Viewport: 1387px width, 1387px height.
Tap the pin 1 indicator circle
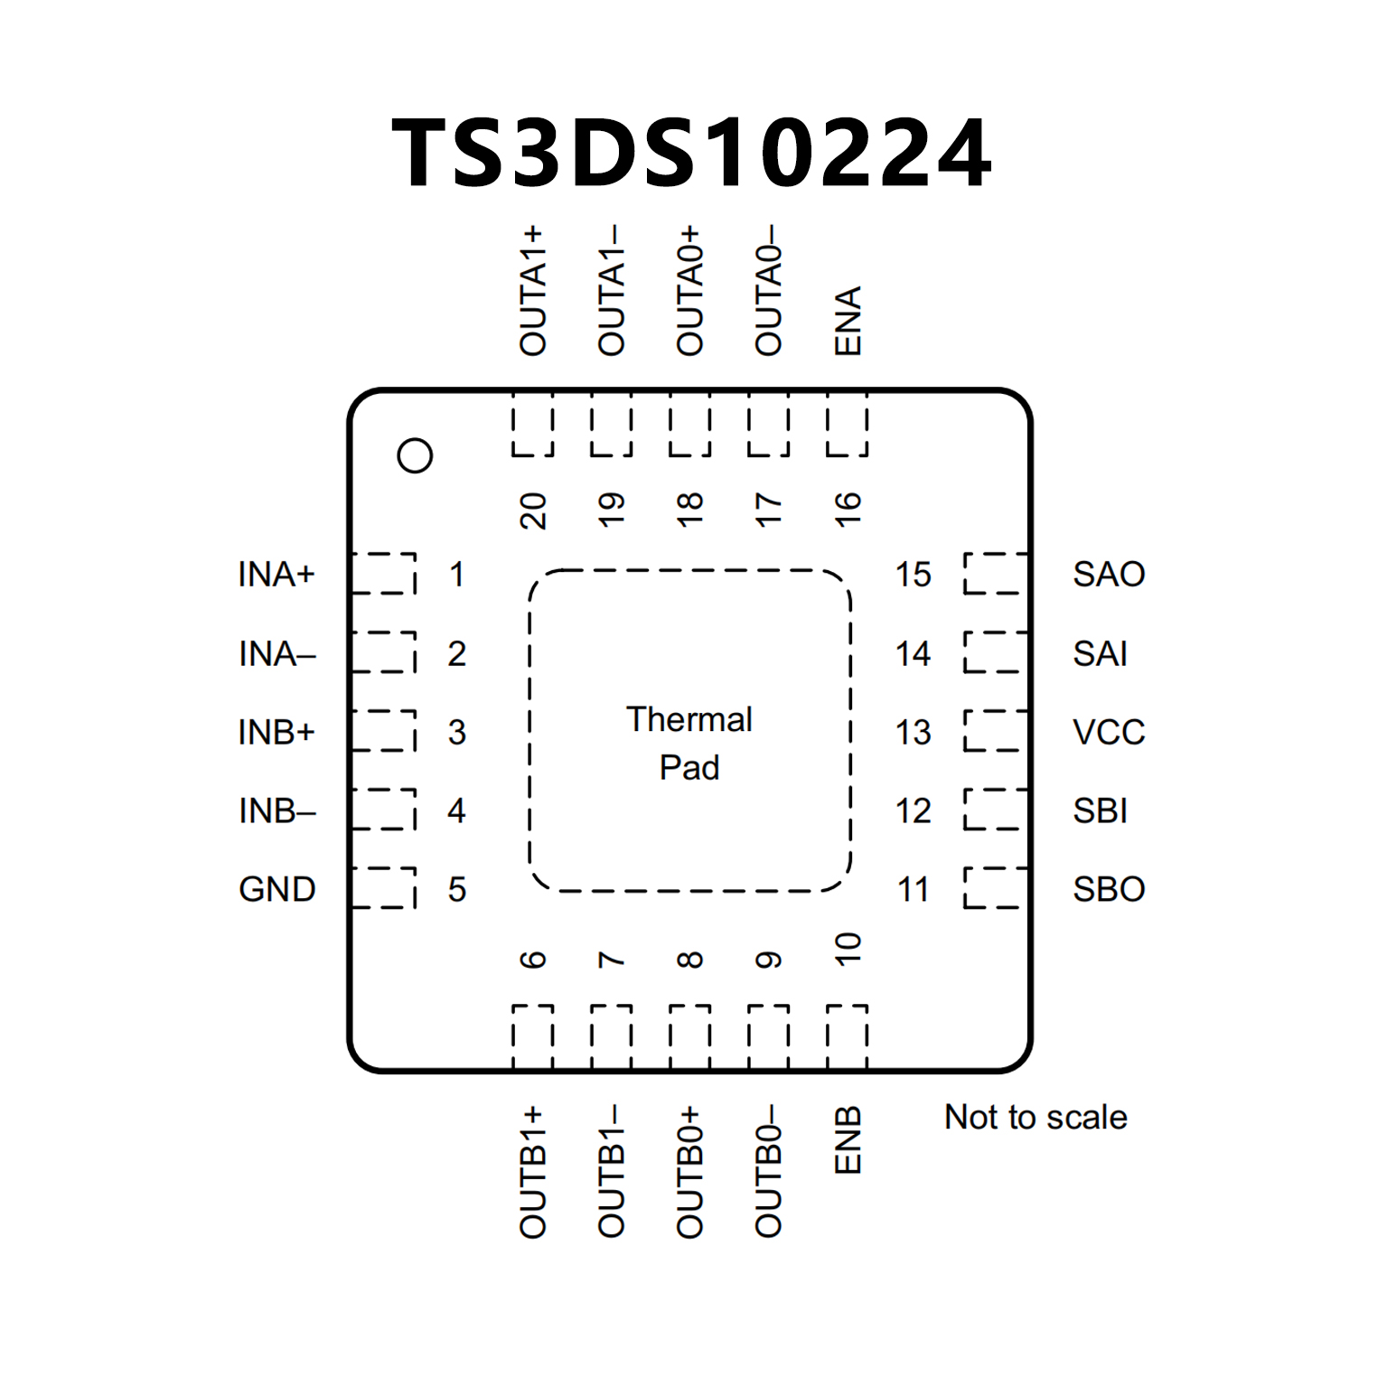[415, 455]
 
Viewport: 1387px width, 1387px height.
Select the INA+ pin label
[276, 574]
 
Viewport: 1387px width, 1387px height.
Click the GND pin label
[276, 889]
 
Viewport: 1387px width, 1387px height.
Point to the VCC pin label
[1109, 732]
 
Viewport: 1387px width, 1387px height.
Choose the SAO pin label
[1109, 574]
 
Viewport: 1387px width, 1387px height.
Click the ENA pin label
[848, 321]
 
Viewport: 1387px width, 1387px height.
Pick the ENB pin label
[848, 1140]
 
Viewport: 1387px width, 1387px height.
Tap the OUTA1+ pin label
[533, 291]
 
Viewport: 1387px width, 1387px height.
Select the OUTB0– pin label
[769, 1171]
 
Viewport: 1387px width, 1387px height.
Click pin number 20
[533, 511]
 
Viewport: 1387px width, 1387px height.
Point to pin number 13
[913, 732]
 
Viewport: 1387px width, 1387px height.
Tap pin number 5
[457, 889]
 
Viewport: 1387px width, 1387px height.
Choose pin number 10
[848, 949]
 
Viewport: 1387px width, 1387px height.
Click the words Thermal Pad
[689, 743]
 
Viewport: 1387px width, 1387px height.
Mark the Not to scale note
[1036, 1118]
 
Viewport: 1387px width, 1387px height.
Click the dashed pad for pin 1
[384, 574]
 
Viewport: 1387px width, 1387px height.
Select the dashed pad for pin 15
[995, 574]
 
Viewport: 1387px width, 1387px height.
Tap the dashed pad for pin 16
[848, 425]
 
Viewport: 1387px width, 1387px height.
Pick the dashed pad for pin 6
[533, 1036]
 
